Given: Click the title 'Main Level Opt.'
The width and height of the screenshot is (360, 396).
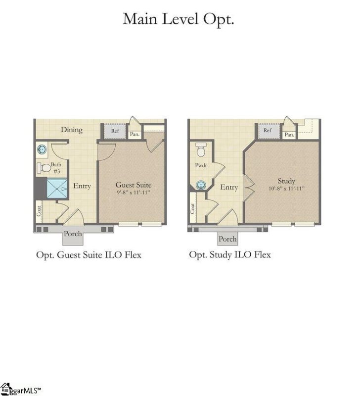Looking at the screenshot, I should pos(179,19).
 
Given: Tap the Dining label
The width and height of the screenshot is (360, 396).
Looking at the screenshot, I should pos(71,130).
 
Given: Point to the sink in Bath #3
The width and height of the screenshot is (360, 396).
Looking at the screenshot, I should pos(42,149).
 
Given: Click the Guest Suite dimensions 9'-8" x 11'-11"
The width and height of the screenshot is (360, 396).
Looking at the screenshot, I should pos(134,192).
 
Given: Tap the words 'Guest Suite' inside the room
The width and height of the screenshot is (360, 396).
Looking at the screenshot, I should pos(134,185).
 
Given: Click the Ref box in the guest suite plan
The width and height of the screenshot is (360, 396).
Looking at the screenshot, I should pos(115,132).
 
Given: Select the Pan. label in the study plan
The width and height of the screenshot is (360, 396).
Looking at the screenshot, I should pos(289,134).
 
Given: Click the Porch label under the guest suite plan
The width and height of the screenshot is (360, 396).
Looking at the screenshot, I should pos(73,234).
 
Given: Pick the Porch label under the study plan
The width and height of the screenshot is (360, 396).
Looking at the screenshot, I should pos(227,239).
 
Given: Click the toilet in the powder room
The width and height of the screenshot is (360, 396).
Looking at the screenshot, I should pos(201,148).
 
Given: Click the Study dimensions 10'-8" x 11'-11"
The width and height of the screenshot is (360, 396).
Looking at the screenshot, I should pos(286,189).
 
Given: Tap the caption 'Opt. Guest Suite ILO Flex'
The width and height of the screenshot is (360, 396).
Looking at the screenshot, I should pos(89,255).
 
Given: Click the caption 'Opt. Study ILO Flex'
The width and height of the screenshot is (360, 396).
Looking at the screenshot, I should pos(230,255).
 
